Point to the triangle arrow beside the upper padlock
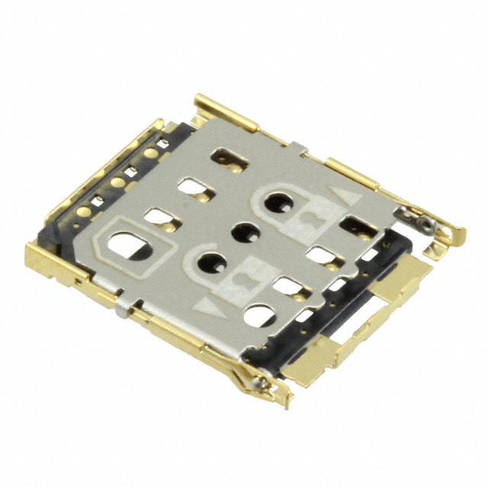[x=350, y=200]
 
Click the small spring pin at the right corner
[x=422, y=223]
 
